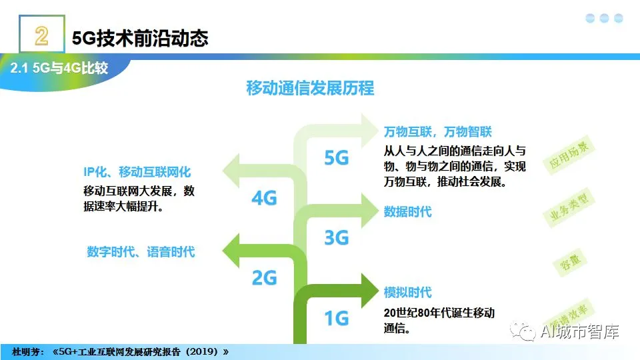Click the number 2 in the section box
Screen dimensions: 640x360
point(41,35)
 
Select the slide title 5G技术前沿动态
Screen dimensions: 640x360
point(140,38)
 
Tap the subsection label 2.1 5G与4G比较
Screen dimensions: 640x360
point(59,68)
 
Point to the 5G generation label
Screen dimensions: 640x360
point(337,158)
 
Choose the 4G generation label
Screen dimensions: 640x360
point(264,198)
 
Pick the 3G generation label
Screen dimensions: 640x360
point(337,237)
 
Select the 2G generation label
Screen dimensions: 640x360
point(264,277)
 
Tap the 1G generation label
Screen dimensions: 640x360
point(337,318)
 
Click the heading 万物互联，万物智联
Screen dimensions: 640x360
point(437,131)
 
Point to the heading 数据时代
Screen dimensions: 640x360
point(407,212)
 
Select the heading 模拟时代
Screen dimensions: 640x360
point(407,292)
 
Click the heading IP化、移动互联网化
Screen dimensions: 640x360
point(137,173)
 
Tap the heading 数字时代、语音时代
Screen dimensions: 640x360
point(141,252)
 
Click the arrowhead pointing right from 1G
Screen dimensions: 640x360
point(371,289)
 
